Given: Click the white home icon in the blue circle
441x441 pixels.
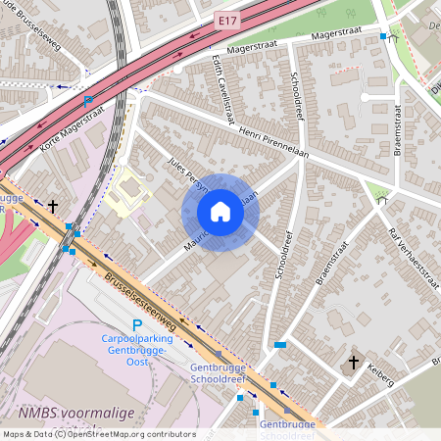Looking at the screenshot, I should point(220,211).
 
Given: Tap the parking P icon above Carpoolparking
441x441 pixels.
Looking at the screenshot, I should point(137,325).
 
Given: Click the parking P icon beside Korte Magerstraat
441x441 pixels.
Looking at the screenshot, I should point(88,101).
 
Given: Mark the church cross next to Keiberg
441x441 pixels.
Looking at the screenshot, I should point(354,363).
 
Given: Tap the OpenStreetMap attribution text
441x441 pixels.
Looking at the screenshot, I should point(98,434).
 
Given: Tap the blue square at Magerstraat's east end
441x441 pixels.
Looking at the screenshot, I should point(383,36).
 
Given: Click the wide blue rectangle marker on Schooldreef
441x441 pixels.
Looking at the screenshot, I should point(280,345).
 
